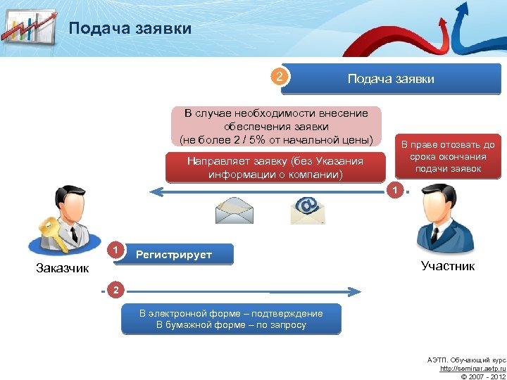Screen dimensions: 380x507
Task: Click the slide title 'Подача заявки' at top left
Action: [130, 29]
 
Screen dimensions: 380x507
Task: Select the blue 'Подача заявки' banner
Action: [390, 78]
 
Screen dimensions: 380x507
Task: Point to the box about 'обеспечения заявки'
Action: [276, 125]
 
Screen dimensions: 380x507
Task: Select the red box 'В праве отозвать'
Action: [448, 156]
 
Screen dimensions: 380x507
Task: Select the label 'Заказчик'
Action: [63, 267]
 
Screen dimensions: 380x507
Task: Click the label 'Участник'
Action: [448, 265]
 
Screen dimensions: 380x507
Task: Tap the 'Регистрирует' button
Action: [174, 254]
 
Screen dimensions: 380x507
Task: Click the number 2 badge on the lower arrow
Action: [116, 290]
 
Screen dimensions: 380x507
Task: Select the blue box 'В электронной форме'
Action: [231, 318]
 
